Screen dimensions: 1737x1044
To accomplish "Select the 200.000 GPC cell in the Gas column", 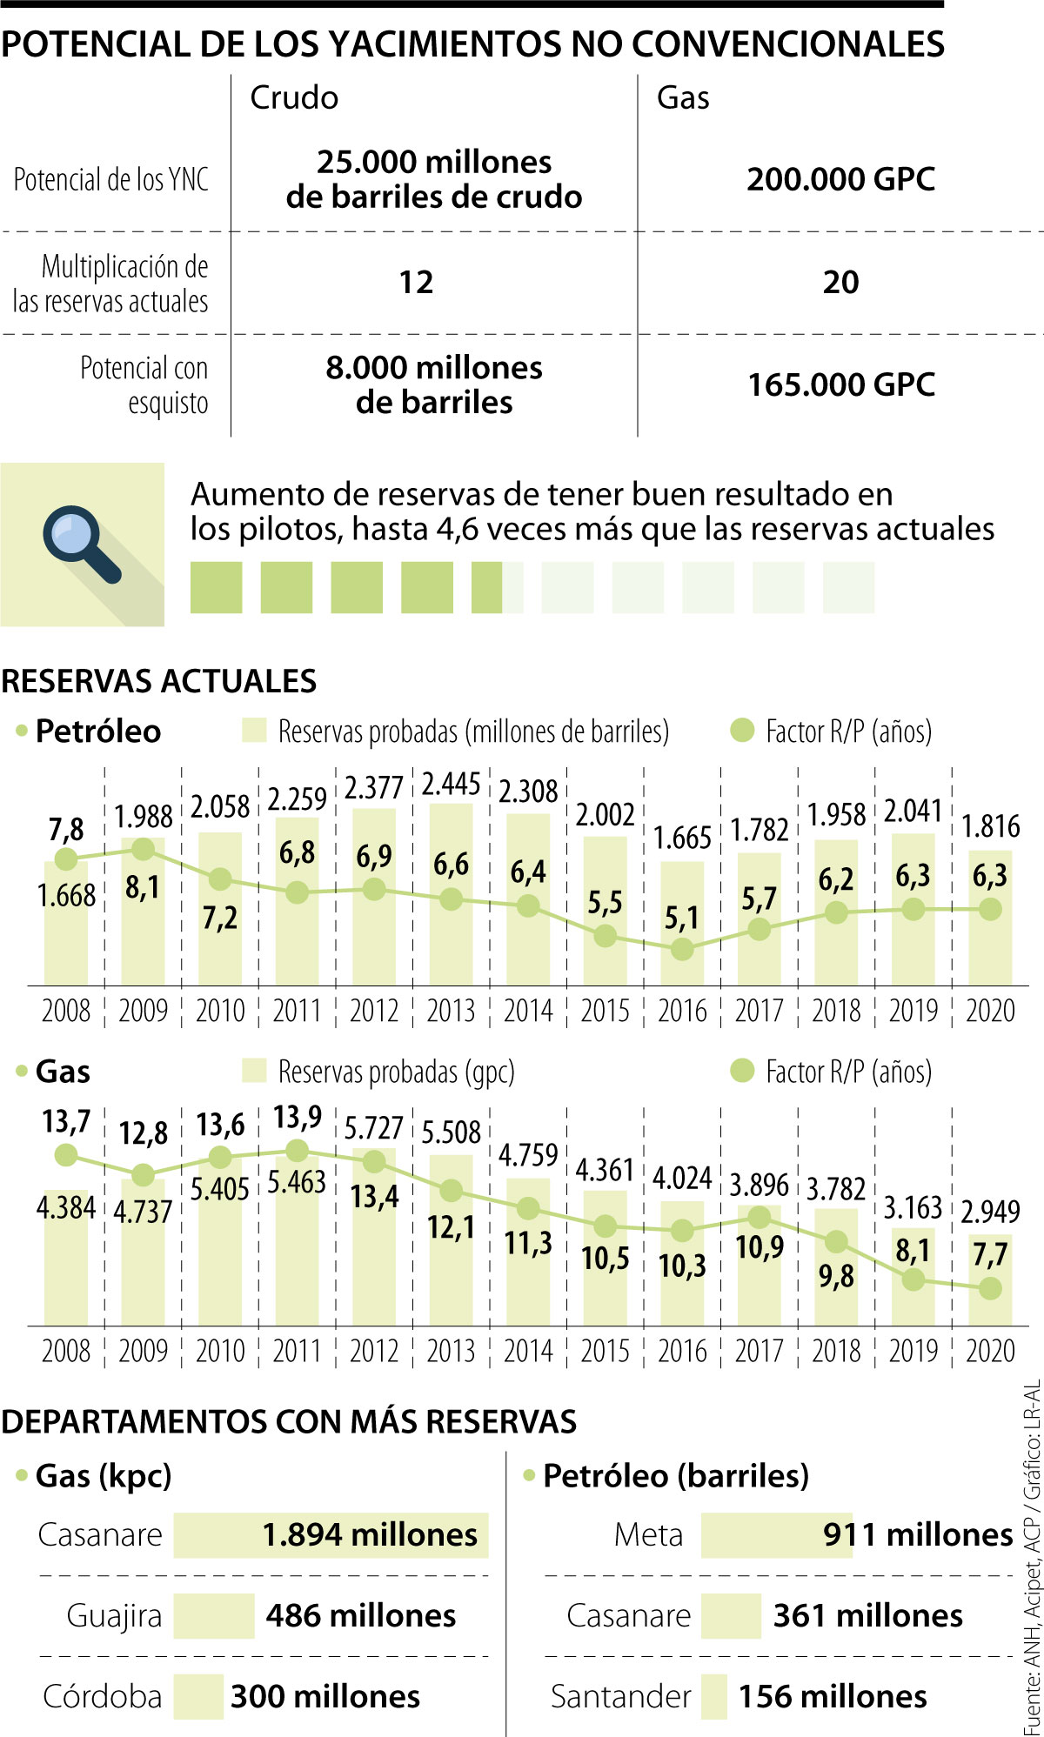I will tap(840, 179).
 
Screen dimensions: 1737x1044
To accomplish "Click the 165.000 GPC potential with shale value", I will tap(840, 384).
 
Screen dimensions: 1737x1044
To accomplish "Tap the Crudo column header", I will tap(294, 97).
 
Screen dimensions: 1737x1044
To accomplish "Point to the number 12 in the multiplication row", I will tap(416, 282).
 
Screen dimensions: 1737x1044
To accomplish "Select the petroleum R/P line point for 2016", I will tap(682, 949).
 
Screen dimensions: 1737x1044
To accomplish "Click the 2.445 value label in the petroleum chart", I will tap(451, 784).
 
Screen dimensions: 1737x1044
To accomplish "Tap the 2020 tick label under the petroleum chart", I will tap(990, 1011).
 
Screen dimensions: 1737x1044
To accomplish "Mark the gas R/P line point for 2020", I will tap(990, 1289).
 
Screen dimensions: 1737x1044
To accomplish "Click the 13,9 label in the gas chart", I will tap(298, 1117).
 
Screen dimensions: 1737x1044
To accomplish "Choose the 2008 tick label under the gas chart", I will tap(66, 1351).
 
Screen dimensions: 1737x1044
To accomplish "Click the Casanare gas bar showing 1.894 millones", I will tap(331, 1535).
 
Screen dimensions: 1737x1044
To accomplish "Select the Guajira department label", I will tap(114, 1616).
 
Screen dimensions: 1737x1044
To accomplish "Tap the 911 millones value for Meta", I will tap(918, 1535).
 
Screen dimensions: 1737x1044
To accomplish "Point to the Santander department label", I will tap(620, 1697).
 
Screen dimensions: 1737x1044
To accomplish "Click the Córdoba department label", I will tap(103, 1697).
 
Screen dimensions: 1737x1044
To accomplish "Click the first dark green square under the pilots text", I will tap(216, 588).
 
